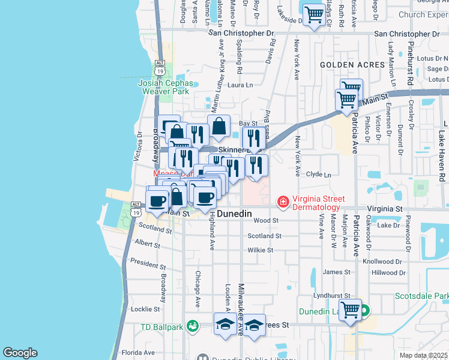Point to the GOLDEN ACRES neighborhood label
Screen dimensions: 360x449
click(352, 64)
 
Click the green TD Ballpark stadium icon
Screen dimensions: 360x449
click(192, 326)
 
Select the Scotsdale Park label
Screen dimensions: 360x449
click(421, 296)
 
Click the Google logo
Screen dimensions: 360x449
click(20, 353)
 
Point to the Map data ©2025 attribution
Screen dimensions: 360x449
click(423, 355)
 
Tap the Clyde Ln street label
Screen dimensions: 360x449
click(318, 175)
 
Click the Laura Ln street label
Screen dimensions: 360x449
click(240, 85)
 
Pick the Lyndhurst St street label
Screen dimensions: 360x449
click(335, 296)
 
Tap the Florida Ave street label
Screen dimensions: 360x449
click(135, 352)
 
